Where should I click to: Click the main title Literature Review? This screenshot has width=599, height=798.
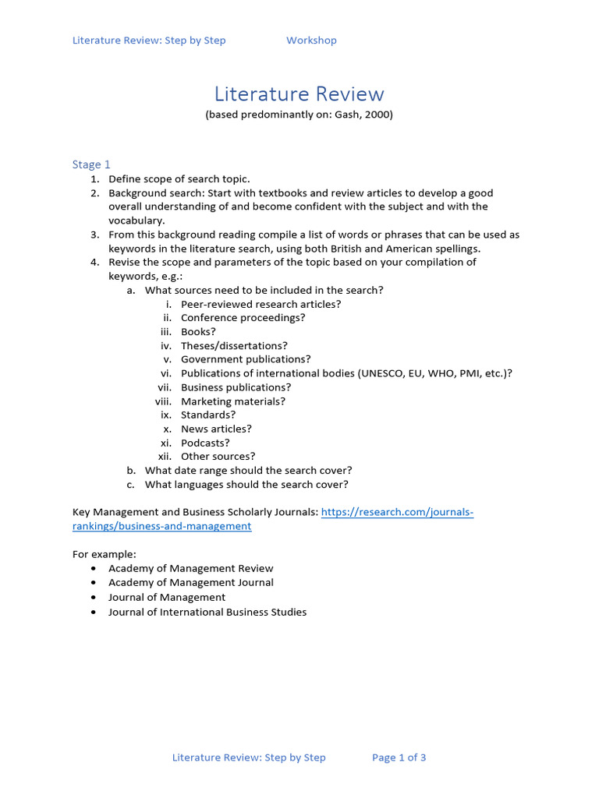coord(299,94)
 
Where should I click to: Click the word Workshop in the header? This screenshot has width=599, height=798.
coord(311,41)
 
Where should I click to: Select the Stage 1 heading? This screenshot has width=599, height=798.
coord(91,164)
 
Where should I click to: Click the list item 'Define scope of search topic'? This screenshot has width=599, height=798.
coord(179,179)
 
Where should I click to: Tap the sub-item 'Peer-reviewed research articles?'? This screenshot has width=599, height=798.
coord(261,304)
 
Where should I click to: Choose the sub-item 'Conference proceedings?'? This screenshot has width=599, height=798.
coord(243,318)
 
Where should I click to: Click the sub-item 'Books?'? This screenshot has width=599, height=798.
coord(198,331)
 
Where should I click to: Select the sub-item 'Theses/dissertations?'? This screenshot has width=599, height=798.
coord(234,345)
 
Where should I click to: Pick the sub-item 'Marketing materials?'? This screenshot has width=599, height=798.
coord(233,401)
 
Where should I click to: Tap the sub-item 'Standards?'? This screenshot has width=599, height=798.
coord(208,415)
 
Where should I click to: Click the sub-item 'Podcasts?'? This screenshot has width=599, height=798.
coord(205,443)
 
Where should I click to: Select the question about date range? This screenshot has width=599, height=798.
coord(248,471)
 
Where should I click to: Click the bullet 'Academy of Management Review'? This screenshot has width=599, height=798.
coord(191,568)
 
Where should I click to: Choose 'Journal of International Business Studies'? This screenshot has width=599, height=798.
coord(207,612)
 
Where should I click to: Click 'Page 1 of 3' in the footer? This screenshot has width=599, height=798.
coord(399,757)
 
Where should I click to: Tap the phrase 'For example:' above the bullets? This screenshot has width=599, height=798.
coord(104,554)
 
